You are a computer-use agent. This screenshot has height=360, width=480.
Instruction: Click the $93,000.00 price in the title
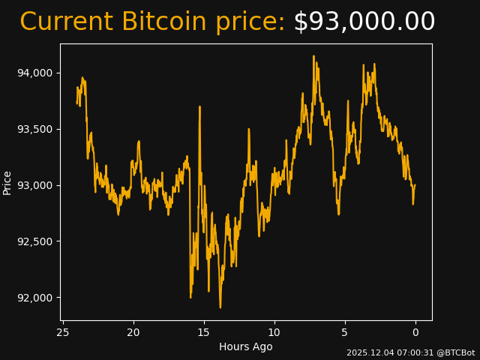364,22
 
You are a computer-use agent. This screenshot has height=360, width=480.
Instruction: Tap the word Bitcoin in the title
163,22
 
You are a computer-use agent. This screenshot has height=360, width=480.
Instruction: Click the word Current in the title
66,22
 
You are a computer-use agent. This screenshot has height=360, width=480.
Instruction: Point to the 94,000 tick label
34,73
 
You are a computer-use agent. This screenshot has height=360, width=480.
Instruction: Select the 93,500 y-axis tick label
34,129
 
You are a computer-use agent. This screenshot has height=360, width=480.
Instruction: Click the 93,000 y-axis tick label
34,185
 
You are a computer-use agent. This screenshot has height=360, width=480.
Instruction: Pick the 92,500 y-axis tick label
34,241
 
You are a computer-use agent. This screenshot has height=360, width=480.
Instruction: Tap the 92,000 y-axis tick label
34,298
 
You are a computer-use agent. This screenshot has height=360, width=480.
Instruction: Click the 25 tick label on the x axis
63,333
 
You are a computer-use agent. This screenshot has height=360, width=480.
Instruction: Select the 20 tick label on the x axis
133,333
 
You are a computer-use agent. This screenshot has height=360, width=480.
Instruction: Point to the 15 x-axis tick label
204,333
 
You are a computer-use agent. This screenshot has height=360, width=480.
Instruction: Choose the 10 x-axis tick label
274,333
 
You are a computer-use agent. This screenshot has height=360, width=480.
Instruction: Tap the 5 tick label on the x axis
345,333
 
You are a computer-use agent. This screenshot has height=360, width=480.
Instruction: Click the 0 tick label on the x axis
415,333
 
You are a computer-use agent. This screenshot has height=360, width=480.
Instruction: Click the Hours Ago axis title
245,346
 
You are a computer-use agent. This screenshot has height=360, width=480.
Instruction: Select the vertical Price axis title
7,182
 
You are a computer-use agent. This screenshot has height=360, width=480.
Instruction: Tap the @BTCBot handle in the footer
456,352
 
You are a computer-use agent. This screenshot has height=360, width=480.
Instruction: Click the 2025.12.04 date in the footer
367,352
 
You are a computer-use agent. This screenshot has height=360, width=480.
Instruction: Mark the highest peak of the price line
313,56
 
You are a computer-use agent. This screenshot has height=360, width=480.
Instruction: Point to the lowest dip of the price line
220,307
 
